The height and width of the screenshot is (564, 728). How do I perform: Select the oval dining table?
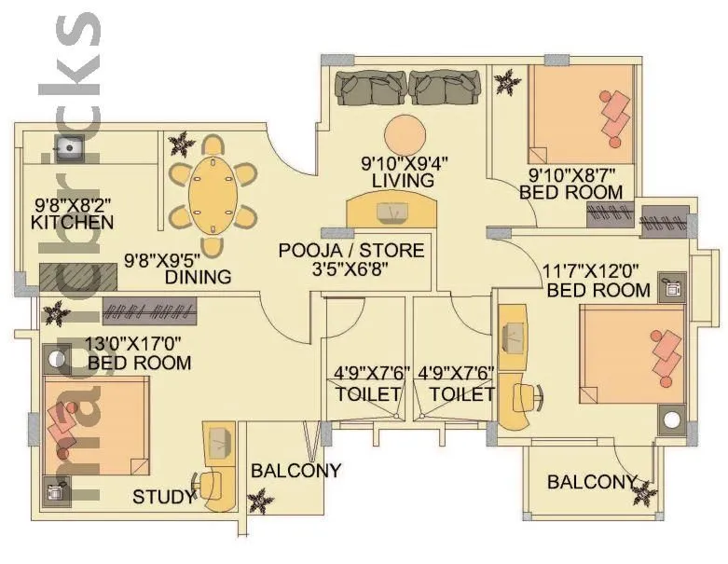point(213,196)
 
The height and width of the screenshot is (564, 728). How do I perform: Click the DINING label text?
point(198,277)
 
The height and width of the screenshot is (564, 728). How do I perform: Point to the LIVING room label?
point(403,180)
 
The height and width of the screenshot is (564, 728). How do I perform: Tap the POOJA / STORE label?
point(351,250)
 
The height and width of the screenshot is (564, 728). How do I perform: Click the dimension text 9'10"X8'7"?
point(570,174)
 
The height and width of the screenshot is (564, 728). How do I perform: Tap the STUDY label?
point(164,496)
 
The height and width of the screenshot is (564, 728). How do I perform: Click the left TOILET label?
point(367,394)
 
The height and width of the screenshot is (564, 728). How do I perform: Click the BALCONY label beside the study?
point(295,470)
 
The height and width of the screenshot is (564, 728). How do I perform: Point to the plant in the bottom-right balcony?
point(644,489)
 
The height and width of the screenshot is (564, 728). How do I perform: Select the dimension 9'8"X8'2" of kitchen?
point(73,203)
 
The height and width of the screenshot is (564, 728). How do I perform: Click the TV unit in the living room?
point(391,212)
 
